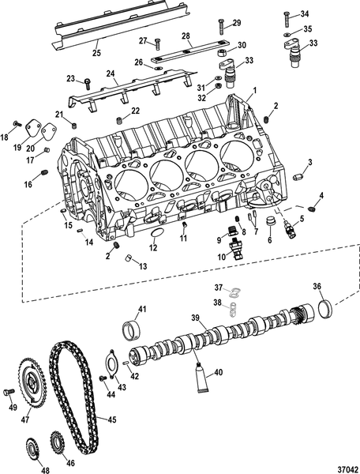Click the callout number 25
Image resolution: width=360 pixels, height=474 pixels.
click(96, 54)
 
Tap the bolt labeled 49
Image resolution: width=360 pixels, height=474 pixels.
click(10, 392)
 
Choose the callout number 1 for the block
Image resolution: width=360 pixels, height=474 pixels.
click(254, 92)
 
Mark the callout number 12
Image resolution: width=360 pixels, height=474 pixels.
click(153, 248)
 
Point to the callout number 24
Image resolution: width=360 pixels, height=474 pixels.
click(113, 73)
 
